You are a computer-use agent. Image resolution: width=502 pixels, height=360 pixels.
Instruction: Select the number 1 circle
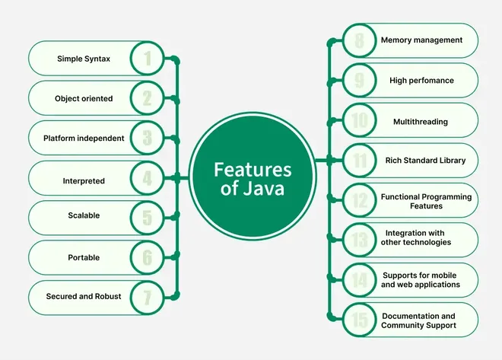(147, 59)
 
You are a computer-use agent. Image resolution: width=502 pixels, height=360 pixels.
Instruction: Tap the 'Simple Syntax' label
(84, 59)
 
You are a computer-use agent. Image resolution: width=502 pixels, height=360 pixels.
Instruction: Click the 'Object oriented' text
(84, 99)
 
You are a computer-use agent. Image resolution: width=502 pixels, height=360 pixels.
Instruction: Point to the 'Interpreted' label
(84, 181)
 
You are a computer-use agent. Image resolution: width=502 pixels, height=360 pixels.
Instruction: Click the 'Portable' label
(84, 257)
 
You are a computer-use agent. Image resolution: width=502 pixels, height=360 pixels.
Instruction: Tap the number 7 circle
(147, 296)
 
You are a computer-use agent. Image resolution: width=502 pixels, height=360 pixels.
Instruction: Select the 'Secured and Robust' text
(84, 296)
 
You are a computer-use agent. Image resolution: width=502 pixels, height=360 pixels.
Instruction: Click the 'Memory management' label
(421, 40)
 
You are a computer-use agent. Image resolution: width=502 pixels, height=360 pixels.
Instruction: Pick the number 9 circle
(359, 80)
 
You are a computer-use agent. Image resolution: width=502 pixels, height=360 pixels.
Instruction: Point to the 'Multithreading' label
(421, 121)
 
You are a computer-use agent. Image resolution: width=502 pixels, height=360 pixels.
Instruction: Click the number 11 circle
(359, 161)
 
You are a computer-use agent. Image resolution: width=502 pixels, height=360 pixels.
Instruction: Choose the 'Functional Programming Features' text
(426, 201)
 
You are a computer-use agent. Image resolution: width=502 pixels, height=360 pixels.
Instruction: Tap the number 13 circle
(359, 241)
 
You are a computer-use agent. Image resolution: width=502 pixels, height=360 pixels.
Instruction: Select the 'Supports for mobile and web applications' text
(421, 280)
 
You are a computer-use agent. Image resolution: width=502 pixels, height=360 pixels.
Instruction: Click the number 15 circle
(359, 320)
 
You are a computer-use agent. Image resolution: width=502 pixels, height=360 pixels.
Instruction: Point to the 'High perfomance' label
(421, 80)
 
